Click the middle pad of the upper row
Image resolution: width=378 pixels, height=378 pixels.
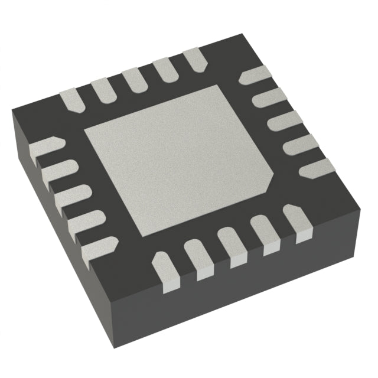[135, 79]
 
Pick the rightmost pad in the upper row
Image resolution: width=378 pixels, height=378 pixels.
[193, 60]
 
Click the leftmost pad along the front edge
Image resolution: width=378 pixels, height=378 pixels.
[165, 269]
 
